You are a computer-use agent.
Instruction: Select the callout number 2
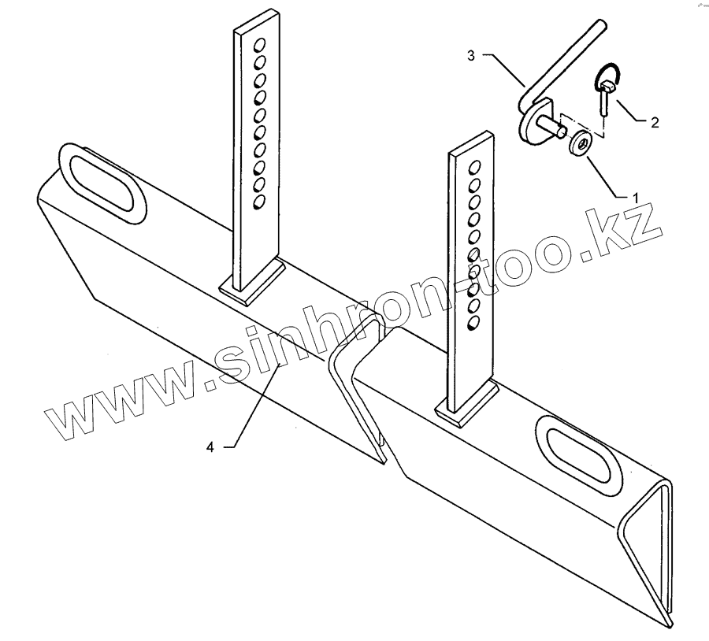pyautogui.click(x=655, y=123)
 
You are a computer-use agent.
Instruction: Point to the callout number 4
pyautogui.click(x=210, y=446)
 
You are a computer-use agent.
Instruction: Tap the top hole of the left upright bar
pyautogui.click(x=259, y=43)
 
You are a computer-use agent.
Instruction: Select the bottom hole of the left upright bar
pyautogui.click(x=258, y=203)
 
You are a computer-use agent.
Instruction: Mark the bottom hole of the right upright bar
pyautogui.click(x=473, y=323)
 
